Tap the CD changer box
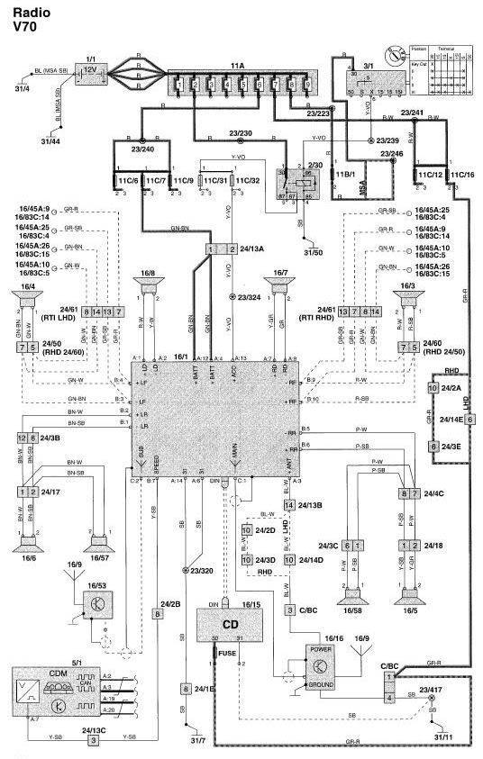point(229,622)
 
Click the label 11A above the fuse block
point(237,66)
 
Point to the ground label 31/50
point(312,251)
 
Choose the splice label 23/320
point(203,570)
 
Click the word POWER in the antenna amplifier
point(321,648)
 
